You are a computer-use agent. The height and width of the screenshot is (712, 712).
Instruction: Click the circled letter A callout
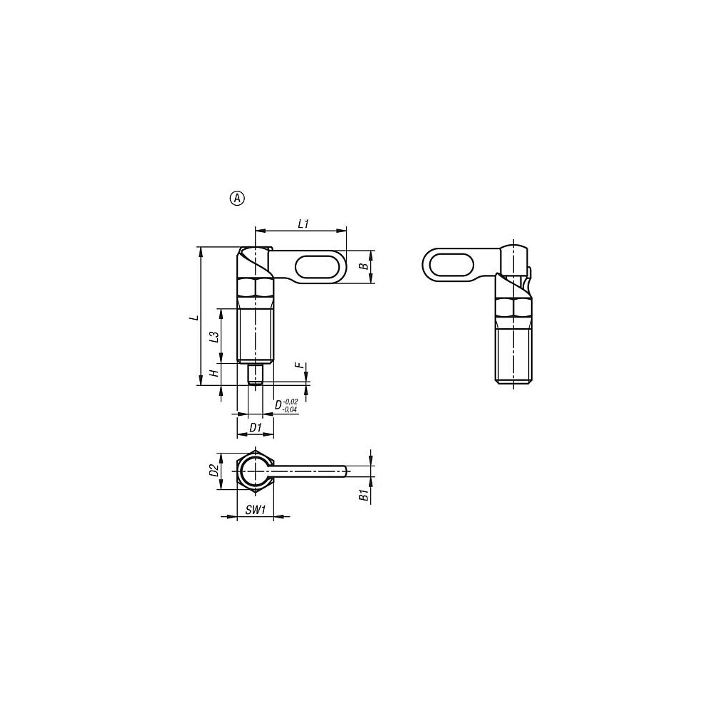238,199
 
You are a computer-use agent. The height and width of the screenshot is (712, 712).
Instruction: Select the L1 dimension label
303,224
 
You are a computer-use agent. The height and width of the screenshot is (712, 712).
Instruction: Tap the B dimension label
364,266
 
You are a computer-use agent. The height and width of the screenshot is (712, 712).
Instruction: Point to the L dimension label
195,317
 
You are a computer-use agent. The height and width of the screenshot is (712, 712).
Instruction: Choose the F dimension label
298,365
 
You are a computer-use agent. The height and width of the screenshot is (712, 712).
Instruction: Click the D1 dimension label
256,427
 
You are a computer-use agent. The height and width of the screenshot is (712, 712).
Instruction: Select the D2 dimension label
214,471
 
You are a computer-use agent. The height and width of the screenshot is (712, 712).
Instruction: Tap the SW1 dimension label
255,510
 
